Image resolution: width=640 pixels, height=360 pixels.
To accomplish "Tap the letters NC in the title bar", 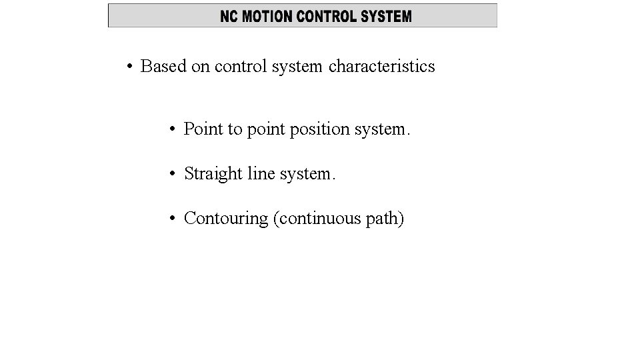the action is [229, 17].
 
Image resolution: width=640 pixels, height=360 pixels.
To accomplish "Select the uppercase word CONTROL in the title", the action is [327, 17].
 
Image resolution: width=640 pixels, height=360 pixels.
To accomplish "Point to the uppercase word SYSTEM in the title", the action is [387, 17].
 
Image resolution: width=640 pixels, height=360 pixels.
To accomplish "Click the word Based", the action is [163, 67].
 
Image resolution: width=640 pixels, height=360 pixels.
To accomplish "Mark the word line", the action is [261, 174].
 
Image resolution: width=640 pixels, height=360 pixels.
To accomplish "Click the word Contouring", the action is [226, 219].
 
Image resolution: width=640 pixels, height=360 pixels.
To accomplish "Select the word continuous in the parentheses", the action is [320, 219].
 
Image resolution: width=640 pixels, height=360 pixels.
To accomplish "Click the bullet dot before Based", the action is [129, 67].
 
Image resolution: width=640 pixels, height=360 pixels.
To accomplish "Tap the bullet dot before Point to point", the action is [172, 129].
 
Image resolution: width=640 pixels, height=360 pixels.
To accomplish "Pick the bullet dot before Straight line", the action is [172, 174].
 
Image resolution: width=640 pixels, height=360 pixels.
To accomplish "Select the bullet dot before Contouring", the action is [172, 219].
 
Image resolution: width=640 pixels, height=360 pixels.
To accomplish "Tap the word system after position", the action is [381, 129].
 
